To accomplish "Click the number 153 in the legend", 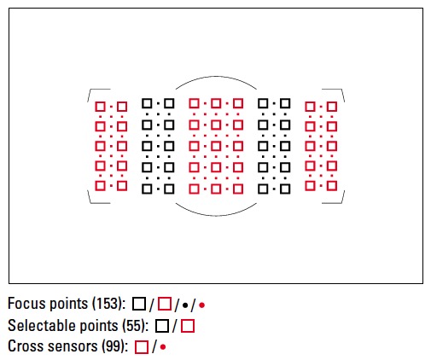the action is pyautogui.click(x=107, y=304).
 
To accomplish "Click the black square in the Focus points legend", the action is pyautogui.click(x=139, y=304).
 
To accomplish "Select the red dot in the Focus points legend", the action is pyautogui.click(x=201, y=305).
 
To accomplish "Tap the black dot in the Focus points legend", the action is pyautogui.click(x=185, y=305).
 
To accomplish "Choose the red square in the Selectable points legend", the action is pyautogui.click(x=188, y=326).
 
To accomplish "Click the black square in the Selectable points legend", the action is pyautogui.click(x=162, y=326).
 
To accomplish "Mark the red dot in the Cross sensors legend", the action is pyautogui.click(x=163, y=347).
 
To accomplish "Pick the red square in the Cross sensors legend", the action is pyautogui.click(x=142, y=347).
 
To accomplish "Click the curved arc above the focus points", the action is pyautogui.click(x=216, y=76).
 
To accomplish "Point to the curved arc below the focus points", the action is pyautogui.click(x=216, y=216).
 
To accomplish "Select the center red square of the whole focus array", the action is pyautogui.click(x=216, y=146).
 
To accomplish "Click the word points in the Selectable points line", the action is pyautogui.click(x=100, y=326).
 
